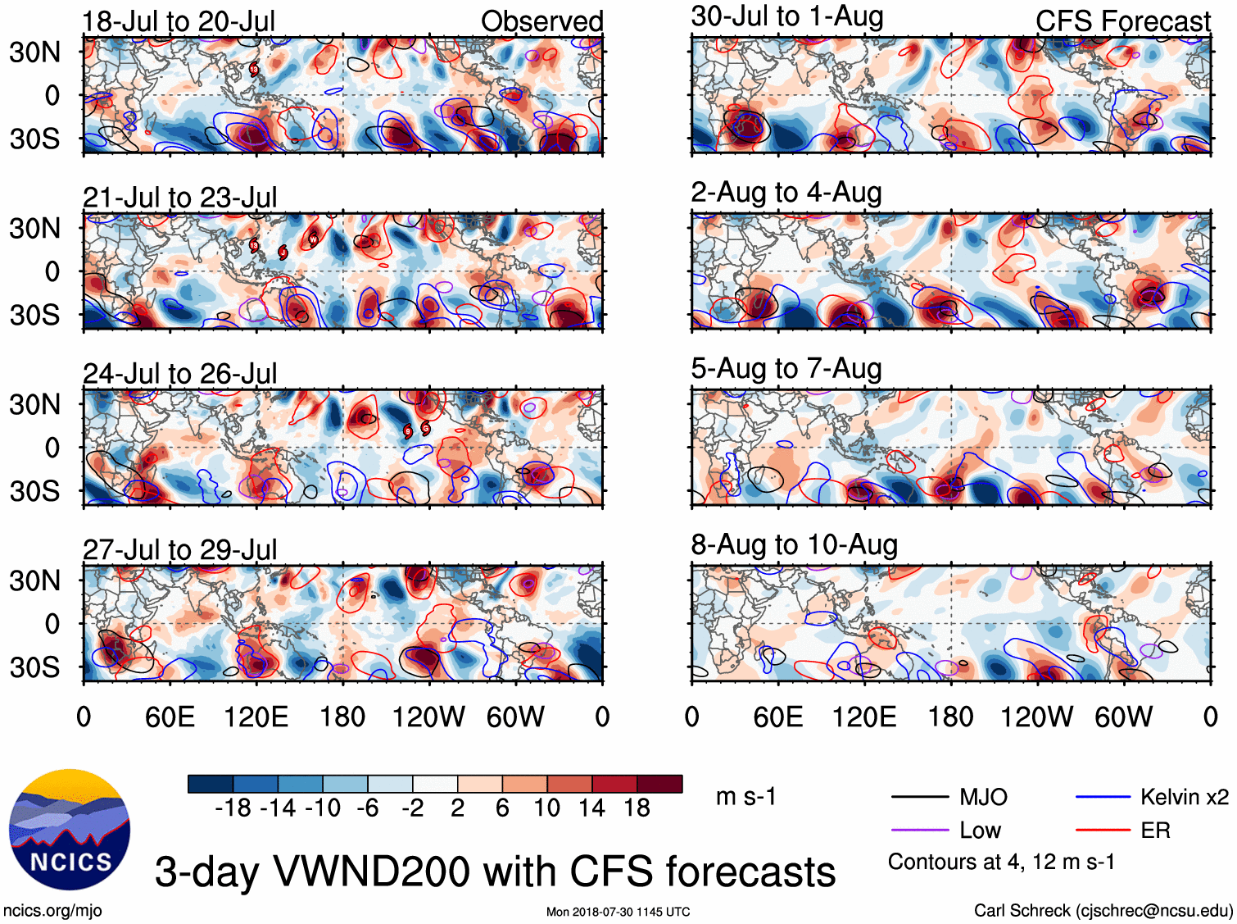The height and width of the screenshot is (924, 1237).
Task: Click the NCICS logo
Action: (x=70, y=829)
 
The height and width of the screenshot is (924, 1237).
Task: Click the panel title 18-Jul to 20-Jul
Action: (x=179, y=21)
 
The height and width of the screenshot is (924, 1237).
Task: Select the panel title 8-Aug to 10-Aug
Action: (x=794, y=544)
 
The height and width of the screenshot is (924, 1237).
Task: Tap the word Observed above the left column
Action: (x=541, y=21)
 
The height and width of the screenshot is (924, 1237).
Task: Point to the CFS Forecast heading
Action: (x=1122, y=21)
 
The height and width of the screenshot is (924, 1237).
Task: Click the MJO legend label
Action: (x=983, y=797)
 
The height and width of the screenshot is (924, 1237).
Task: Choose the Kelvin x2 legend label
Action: (x=1184, y=797)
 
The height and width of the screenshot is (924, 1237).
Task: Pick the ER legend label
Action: (x=1155, y=831)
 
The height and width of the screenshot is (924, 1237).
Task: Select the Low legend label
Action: (x=980, y=831)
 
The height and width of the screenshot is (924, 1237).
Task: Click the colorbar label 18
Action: (x=637, y=808)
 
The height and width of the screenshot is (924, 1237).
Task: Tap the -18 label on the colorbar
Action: (x=233, y=808)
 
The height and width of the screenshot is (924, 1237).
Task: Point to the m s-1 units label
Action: (x=745, y=797)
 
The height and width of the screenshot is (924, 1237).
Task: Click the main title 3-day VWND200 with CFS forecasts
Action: (x=495, y=872)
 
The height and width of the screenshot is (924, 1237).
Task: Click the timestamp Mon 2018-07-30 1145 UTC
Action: (x=618, y=912)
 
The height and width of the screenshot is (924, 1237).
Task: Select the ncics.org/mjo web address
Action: (x=52, y=910)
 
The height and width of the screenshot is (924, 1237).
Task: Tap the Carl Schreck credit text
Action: (x=1103, y=910)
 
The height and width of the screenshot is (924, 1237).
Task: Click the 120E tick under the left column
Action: (x=256, y=717)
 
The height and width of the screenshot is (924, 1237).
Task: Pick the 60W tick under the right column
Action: (x=1123, y=717)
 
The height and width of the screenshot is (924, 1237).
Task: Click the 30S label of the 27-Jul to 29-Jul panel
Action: (x=34, y=667)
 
